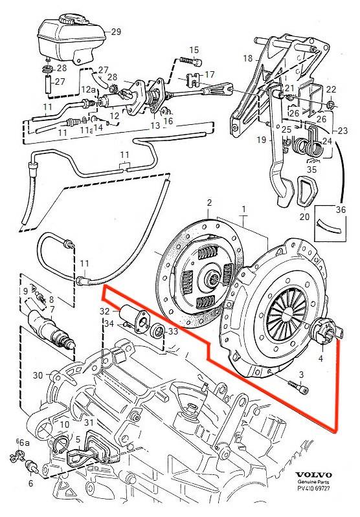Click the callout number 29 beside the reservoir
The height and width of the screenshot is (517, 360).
(x=116, y=32)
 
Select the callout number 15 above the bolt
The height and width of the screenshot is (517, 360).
(x=194, y=50)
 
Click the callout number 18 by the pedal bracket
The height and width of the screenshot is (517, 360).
(x=248, y=59)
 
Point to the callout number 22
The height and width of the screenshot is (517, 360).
(x=331, y=89)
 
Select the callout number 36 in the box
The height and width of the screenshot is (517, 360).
(x=341, y=210)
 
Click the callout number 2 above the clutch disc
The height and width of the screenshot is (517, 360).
(x=209, y=203)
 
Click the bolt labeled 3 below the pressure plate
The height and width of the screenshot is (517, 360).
(x=298, y=388)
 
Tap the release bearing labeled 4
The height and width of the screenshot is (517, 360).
(x=328, y=332)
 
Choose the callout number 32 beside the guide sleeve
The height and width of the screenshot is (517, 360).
(x=105, y=311)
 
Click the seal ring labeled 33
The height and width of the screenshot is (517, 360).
(x=157, y=331)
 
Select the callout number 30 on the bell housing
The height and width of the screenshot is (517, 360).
(x=38, y=375)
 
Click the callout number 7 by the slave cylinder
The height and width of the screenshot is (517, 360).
(x=52, y=309)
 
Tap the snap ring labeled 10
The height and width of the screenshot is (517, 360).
(x=62, y=443)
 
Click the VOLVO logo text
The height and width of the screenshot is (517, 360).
(x=313, y=475)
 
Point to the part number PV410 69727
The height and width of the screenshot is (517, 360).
(x=313, y=488)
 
